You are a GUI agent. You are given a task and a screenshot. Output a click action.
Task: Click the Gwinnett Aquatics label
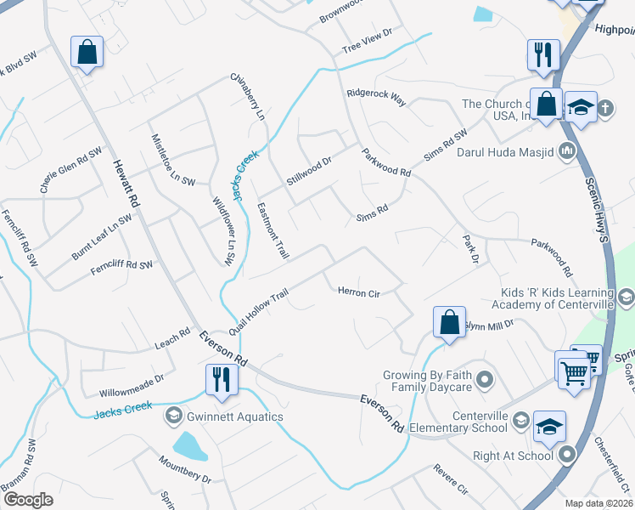pyautogui.click(x=223, y=416)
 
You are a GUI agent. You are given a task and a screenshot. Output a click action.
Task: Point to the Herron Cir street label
pyautogui.click(x=358, y=293)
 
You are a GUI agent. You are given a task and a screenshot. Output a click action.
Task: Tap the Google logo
pyautogui.click(x=27, y=500)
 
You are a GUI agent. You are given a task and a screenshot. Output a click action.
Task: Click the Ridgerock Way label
pyautogui.click(x=376, y=95)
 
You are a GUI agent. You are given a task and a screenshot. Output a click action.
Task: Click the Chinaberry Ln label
pyautogui.click(x=249, y=94)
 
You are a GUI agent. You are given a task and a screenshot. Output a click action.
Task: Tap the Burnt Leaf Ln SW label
pyautogui.click(x=102, y=236)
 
